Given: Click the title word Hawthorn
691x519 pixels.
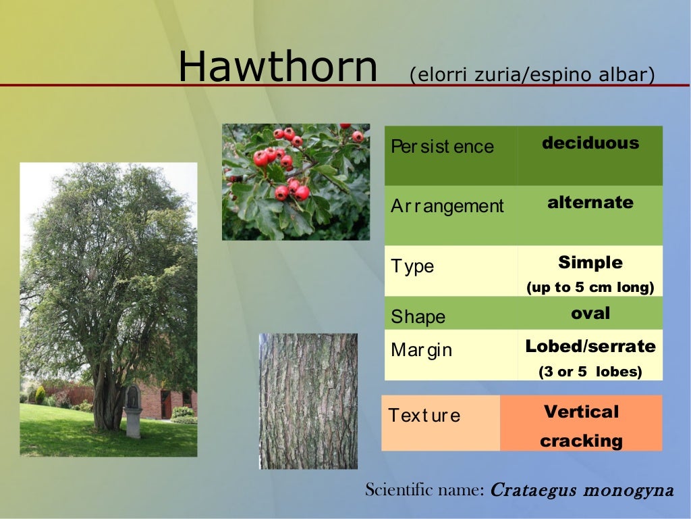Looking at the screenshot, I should click(277, 67).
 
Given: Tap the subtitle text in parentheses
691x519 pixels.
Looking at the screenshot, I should click(532, 74).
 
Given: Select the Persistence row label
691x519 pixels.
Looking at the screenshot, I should click(442, 147).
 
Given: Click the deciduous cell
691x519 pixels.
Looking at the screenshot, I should click(590, 143).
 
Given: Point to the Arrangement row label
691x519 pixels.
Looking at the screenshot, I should click(447, 206).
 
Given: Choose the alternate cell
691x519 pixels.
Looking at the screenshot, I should click(590, 203).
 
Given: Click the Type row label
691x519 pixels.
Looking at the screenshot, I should click(412, 266).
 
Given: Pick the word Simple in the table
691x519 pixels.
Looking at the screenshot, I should click(590, 262).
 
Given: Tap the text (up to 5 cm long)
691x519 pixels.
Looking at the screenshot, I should click(590, 287).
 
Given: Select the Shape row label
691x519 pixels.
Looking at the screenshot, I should click(418, 317).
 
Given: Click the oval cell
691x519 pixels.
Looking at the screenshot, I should click(590, 313).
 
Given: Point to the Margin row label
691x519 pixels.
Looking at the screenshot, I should click(421, 351).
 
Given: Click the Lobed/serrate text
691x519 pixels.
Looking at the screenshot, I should click(590, 347).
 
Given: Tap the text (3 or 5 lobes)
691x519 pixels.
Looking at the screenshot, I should click(590, 372).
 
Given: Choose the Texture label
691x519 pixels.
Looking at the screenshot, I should click(424, 416).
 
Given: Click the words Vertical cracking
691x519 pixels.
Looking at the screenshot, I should click(581, 426).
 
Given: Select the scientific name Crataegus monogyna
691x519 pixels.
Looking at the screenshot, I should click(581, 490).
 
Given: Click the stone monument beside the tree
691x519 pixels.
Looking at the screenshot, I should click(133, 411).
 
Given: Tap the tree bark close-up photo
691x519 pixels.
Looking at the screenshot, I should click(308, 401).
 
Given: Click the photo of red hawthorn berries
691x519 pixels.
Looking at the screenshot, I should click(296, 182).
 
